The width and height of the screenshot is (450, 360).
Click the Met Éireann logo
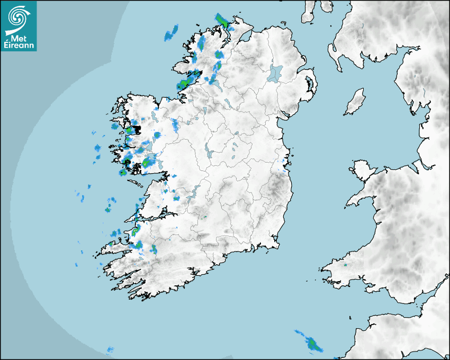click(x=19, y=26)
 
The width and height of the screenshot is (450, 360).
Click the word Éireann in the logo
click(x=19, y=44)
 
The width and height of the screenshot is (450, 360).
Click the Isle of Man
click(x=355, y=102)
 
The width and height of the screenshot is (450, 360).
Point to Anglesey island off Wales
click(x=362, y=169)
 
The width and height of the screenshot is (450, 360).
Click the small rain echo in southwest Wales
click(x=345, y=264)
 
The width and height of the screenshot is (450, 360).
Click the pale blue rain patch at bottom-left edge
click(x=110, y=350)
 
